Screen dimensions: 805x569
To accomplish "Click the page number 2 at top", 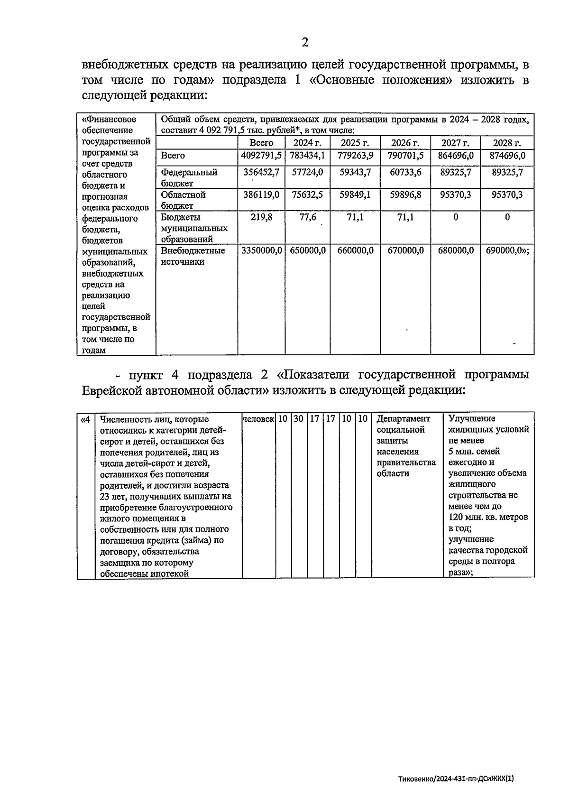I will [305, 43].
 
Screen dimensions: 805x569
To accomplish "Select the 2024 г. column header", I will [307, 143].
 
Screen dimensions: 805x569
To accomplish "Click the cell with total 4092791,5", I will [261, 156].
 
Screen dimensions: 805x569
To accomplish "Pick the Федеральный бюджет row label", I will [189, 177].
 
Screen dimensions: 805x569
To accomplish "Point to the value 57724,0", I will [307, 172].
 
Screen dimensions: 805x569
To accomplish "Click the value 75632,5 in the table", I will [307, 194].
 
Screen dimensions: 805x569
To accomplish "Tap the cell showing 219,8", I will [261, 217].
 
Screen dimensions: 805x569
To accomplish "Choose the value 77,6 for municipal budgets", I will [307, 217].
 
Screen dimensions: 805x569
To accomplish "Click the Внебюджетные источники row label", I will [193, 256].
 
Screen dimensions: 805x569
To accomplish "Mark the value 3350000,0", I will [262, 250].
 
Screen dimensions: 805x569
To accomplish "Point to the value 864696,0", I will [455, 156].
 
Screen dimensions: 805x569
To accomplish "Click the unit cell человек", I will [258, 419].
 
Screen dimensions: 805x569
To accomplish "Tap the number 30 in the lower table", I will [299, 419].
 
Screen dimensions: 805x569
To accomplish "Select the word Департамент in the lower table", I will [403, 419].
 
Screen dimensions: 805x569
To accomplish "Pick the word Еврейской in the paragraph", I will [112, 390].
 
